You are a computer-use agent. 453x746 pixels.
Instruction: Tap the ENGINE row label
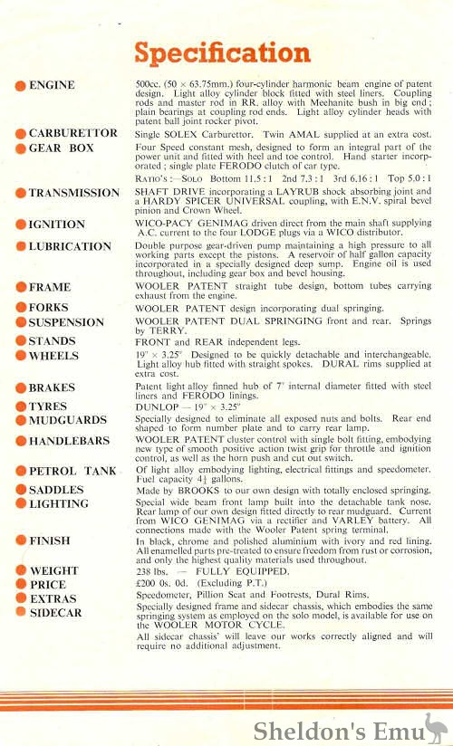[53, 85]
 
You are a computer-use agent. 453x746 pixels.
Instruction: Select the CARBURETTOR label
[72, 133]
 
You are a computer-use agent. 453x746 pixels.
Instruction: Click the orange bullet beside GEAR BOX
[20, 148]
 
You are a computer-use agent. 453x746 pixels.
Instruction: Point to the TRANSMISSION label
[73, 193]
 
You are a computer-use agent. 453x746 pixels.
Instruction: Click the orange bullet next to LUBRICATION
[20, 246]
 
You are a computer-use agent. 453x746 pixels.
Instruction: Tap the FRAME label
[50, 287]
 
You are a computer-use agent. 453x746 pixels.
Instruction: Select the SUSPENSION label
[66, 322]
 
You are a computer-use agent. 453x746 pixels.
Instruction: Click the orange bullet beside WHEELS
[20, 357]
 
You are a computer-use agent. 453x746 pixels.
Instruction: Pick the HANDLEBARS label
[69, 442]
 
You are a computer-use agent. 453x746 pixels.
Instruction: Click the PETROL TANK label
[72, 471]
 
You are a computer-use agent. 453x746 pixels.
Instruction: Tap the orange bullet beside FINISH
[20, 540]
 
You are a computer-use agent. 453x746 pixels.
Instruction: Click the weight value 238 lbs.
[149, 571]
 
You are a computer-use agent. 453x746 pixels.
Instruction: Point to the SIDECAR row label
[55, 613]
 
